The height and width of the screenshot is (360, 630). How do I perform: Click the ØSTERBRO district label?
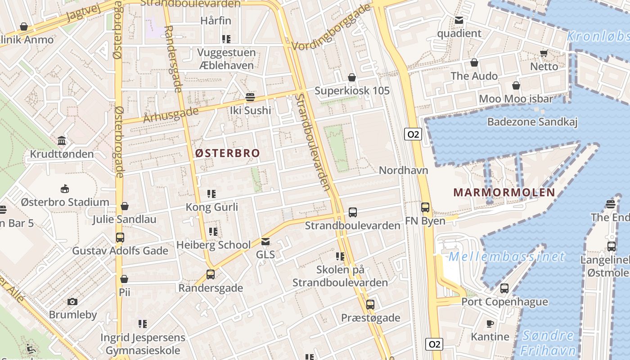(228, 153)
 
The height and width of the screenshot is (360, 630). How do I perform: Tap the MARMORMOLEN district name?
(504, 193)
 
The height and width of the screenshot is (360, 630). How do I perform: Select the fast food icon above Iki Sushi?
(250, 97)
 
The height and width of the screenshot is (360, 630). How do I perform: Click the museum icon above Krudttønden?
(62, 141)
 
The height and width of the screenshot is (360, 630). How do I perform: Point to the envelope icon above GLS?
(265, 242)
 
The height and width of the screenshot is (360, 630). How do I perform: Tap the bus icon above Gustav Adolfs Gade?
(120, 237)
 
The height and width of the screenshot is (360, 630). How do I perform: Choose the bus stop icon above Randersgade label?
(210, 274)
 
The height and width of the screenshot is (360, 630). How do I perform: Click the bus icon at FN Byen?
(425, 207)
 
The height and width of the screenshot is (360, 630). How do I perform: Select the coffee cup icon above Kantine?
(490, 324)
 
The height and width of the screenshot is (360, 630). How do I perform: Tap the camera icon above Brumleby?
(72, 301)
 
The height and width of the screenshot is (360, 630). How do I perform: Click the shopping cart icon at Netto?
(544, 53)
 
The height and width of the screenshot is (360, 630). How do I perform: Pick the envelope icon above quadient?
(459, 20)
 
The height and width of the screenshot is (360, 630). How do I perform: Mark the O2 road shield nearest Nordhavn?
(413, 134)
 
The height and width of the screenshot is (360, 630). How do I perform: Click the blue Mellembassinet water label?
(506, 257)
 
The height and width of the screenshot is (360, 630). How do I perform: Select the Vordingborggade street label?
(331, 28)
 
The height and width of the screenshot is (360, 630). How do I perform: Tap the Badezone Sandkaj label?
(532, 121)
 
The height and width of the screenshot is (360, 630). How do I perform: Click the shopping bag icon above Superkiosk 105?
(352, 77)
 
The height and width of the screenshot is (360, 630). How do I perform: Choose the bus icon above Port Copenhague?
(504, 288)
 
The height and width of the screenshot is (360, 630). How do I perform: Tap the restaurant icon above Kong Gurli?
(211, 194)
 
